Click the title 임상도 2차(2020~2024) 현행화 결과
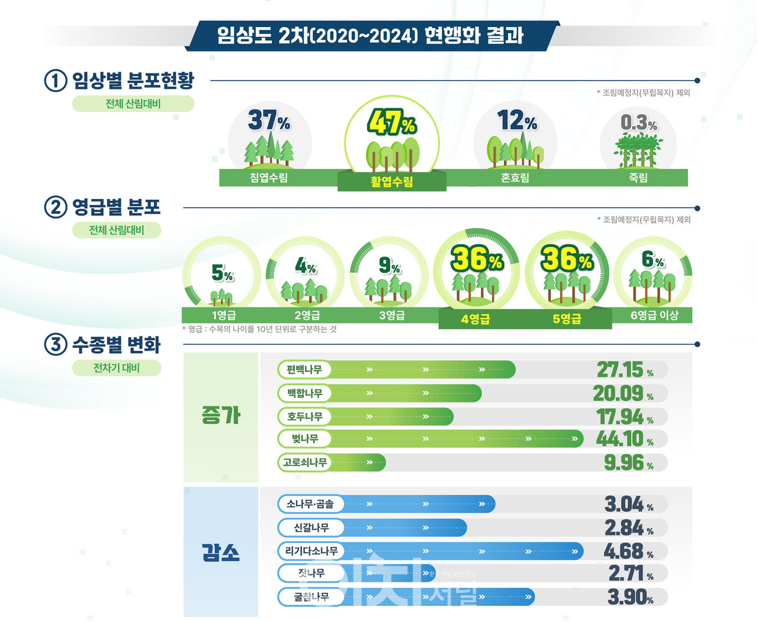pyautogui.click(x=371, y=36)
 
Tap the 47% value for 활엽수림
pyautogui.click(x=391, y=123)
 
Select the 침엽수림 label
pyautogui.click(x=269, y=178)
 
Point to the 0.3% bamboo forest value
pyautogui.click(x=638, y=123)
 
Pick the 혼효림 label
pyautogui.click(x=515, y=178)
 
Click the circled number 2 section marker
pyautogui.click(x=55, y=207)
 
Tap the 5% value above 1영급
pyautogui.click(x=222, y=273)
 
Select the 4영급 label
pyautogui.click(x=476, y=319)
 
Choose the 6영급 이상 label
pyautogui.click(x=654, y=315)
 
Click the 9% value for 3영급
pyautogui.click(x=389, y=266)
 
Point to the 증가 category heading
pyautogui.click(x=221, y=416)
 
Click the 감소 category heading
pyautogui.click(x=221, y=553)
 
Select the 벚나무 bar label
pyautogui.click(x=305, y=439)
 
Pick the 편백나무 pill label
pyautogui.click(x=304, y=370)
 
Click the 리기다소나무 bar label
pyautogui.click(x=311, y=551)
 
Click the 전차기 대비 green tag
pyautogui.click(x=117, y=368)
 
